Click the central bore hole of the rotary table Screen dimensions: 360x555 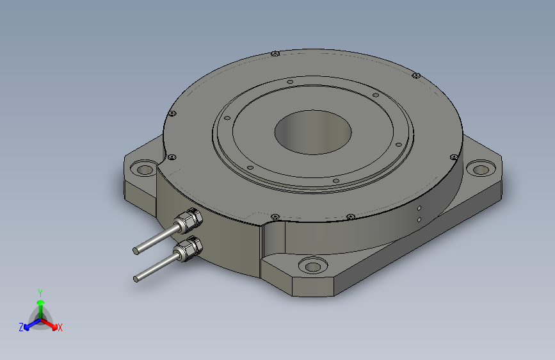pos(313,132)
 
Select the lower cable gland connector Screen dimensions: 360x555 pos(189,247)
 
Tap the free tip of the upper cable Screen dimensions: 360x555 pos(136,250)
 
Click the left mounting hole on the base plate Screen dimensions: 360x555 pos(143,170)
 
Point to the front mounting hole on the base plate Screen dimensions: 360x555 pos(313,266)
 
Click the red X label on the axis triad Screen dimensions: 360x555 pos(60,327)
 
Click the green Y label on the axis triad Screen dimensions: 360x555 pos(40,291)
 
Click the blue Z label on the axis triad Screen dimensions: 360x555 pos(21,327)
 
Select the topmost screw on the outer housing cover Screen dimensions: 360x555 pos(274,53)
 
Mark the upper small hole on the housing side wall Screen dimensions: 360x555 pos(419,208)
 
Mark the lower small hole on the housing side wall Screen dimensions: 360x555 pos(419,219)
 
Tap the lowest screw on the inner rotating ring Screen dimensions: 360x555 pos(336,181)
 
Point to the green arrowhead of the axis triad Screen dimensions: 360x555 pos(40,300)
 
